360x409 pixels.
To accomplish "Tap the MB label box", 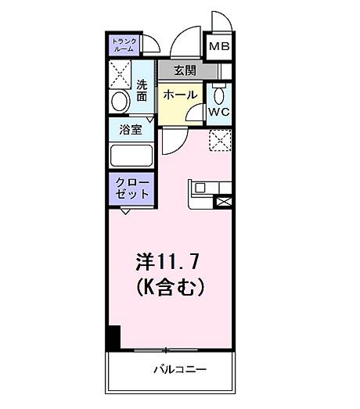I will coord(219,47).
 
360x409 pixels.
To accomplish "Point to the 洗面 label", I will coord(142,91).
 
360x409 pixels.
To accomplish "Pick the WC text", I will coord(218,111).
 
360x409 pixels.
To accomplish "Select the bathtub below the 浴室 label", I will coord(131,153).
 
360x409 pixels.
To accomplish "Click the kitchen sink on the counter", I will coord(200,188).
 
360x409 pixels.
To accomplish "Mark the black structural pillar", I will coord(113,337).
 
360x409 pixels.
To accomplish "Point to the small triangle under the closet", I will coord(125,210).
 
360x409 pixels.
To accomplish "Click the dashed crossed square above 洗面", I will coord(121,74).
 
